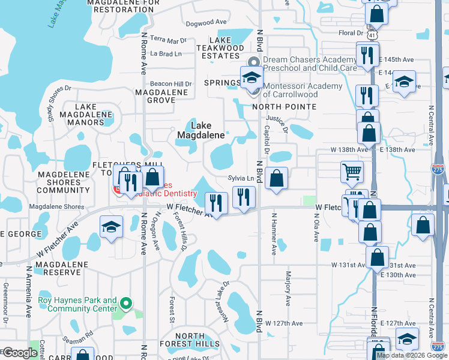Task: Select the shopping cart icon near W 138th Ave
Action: coord(352,172)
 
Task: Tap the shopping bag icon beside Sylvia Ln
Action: coord(276,179)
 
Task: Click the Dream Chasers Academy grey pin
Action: coord(253,61)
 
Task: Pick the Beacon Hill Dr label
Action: coord(171,84)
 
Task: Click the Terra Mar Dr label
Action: coord(168,40)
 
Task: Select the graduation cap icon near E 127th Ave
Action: coord(407,339)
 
